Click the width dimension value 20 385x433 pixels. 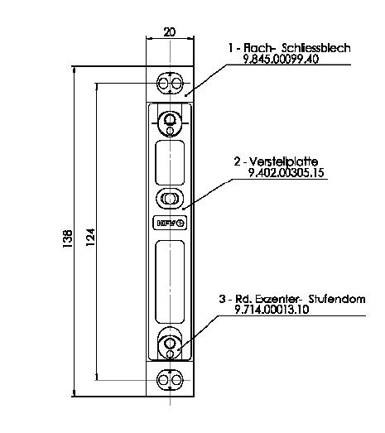[x=169, y=32]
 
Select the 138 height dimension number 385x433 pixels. [x=68, y=238]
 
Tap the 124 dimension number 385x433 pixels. [x=90, y=238]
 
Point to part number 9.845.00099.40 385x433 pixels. [x=281, y=59]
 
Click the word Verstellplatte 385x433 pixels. [x=284, y=161]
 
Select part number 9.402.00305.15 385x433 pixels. [x=286, y=173]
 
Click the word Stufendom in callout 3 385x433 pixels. [x=337, y=299]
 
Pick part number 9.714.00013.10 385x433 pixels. [x=272, y=310]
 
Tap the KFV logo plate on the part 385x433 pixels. [x=170, y=223]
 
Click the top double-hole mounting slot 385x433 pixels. [x=170, y=83]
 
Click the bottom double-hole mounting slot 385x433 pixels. [x=170, y=380]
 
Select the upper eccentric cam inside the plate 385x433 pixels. [x=170, y=123]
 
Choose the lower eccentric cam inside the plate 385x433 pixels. [x=170, y=346]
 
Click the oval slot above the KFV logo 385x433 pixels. [x=170, y=198]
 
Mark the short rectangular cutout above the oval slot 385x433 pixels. [x=170, y=162]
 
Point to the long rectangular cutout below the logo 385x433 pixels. [x=170, y=281]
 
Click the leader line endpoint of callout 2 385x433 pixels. [x=183, y=209]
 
